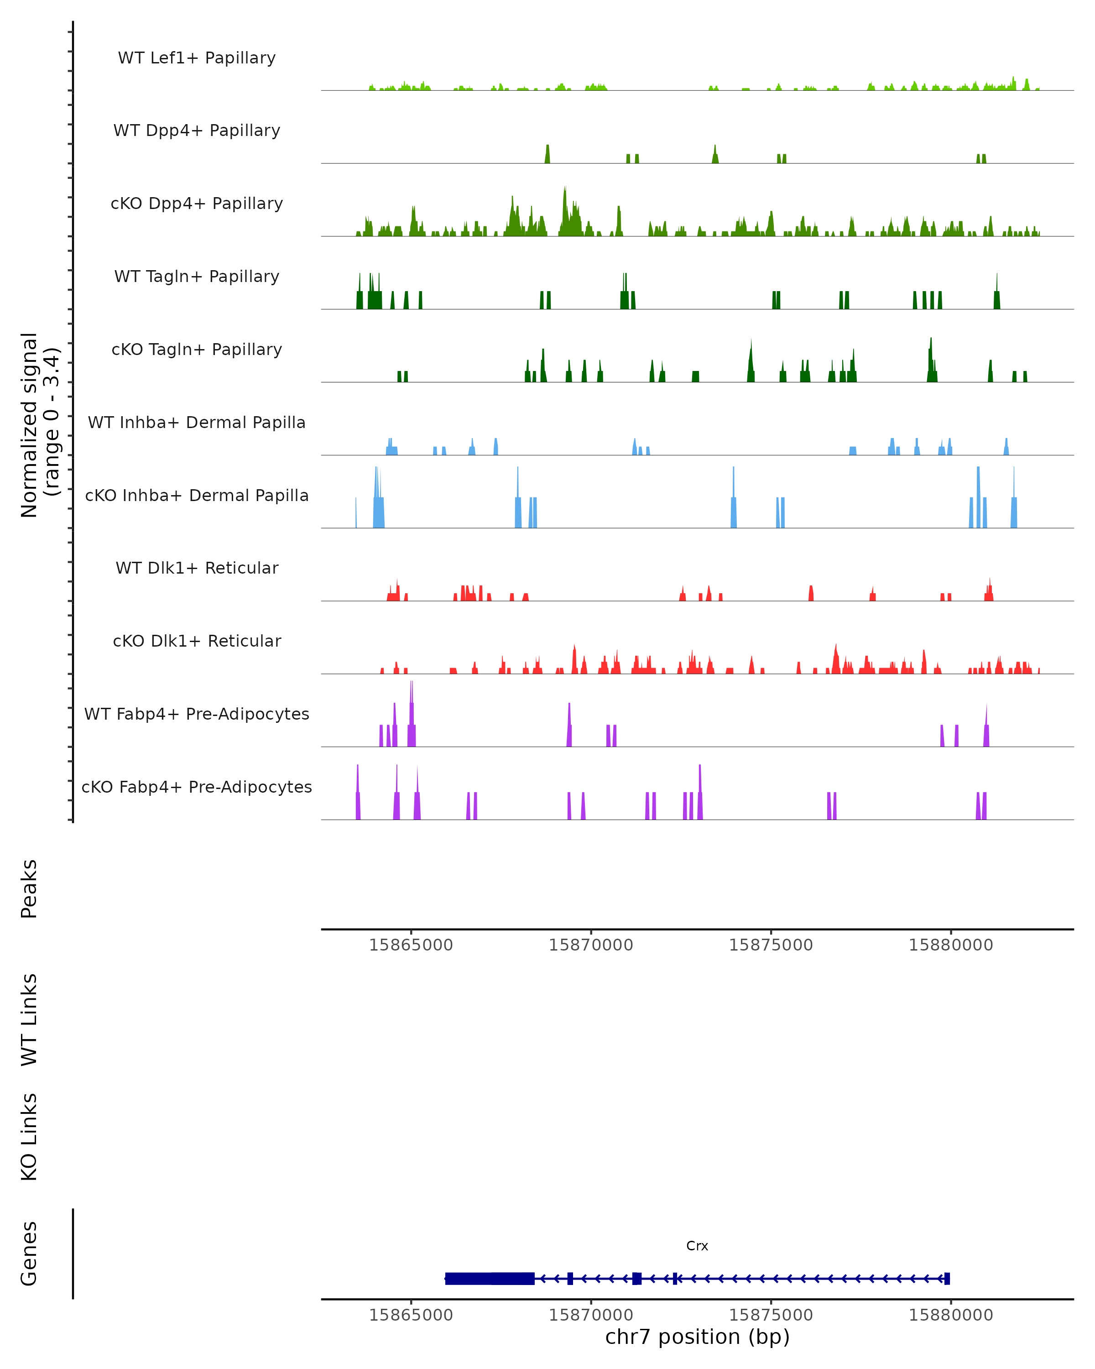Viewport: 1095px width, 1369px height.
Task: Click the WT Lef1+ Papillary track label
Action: tap(197, 58)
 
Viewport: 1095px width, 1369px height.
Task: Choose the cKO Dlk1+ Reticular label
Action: tap(197, 641)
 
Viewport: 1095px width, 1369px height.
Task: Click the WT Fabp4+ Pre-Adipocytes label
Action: tap(197, 714)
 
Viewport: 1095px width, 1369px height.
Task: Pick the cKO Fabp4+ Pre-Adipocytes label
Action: tap(197, 787)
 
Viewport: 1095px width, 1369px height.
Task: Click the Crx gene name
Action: tap(697, 1245)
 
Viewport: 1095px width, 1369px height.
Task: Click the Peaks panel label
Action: tap(29, 888)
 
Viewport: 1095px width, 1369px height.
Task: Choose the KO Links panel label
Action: tap(29, 1137)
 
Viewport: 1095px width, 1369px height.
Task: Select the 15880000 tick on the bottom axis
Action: tap(950, 1315)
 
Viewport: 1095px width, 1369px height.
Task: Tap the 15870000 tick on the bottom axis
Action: tap(591, 1315)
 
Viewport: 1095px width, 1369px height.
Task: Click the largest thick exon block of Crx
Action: tap(490, 1278)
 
